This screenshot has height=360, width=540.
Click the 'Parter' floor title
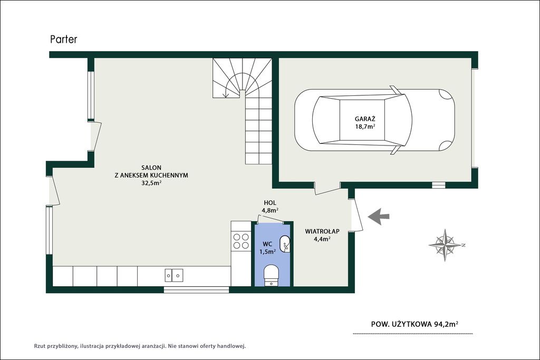point(64,39)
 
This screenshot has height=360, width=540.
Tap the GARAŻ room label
point(365,119)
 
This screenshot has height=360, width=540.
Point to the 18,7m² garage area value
point(365,127)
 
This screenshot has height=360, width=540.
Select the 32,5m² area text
point(151,183)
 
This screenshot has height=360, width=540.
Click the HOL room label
point(270,203)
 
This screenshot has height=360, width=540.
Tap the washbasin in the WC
point(284,244)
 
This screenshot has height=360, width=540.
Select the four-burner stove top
point(241,241)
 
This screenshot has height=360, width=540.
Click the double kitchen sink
point(174,275)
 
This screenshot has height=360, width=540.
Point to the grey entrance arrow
point(379,217)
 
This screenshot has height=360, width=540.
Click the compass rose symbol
point(447,245)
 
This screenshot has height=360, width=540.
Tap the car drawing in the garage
point(374,120)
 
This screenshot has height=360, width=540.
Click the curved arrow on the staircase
point(235,85)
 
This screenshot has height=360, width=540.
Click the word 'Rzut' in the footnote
point(40,346)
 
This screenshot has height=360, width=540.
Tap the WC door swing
point(270,219)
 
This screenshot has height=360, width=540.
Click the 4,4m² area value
point(322,239)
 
